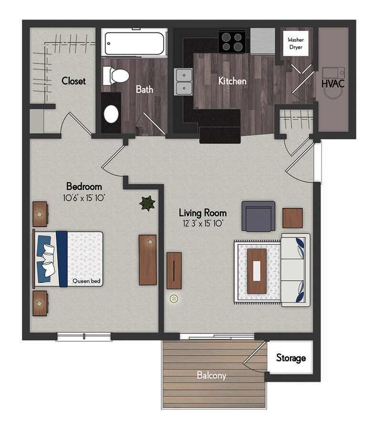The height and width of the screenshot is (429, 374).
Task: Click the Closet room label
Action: pos(73,81)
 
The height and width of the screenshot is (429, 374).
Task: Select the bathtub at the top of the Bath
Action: pos(134,43)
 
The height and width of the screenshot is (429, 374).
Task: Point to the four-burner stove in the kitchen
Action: pos(231,41)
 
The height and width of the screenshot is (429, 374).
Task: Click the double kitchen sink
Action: pos(184,82)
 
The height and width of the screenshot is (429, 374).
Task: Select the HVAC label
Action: pos(333,83)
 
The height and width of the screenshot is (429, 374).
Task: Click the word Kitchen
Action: pos(232,81)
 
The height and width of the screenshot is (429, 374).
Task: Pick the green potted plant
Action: pos(147,204)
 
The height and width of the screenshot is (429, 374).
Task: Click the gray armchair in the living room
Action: pos(258,216)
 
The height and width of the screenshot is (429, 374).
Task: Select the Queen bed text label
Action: pos(86,281)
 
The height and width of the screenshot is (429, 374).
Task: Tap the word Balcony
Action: pos(212,376)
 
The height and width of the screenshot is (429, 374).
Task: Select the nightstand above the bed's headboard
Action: pos(41,214)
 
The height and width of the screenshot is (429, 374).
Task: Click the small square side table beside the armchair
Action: pos(292,218)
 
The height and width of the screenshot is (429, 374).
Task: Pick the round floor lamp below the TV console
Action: pos(174,299)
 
